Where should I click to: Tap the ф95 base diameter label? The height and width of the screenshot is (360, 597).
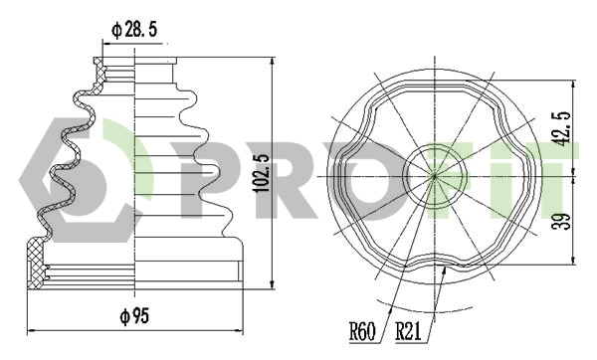point(134,316)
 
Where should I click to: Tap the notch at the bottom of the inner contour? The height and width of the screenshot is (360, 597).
point(446,267)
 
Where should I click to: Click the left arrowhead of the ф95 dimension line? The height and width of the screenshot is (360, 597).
point(29,329)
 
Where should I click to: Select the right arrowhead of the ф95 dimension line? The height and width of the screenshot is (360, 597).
point(243,329)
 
